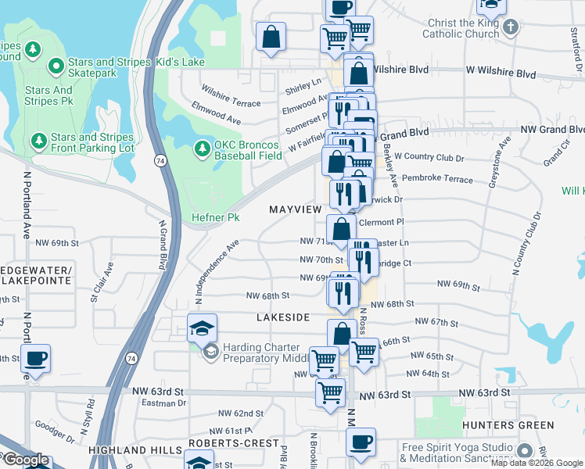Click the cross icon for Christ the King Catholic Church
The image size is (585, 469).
511,28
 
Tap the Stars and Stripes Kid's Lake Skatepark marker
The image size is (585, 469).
56,66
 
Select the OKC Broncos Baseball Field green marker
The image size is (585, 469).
201,148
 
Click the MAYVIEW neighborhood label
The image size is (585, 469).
295,209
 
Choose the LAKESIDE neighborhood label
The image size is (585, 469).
283,317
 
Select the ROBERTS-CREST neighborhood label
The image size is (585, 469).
234,443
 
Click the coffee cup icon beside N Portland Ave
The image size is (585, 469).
35,359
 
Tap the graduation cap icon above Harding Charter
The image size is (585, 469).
201,328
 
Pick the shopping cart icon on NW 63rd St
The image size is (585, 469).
331,392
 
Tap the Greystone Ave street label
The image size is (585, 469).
499,162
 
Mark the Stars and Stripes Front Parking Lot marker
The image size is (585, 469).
38,141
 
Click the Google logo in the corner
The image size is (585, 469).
26,460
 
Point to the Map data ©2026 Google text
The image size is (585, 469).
537,463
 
